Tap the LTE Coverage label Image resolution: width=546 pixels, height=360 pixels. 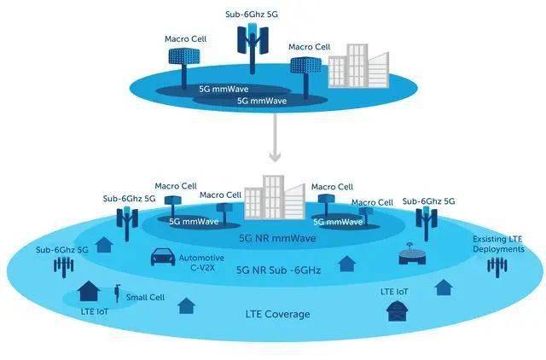[x=273, y=314]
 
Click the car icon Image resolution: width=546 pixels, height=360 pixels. [x=162, y=258]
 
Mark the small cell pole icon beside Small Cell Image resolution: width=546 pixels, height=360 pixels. [x=117, y=294]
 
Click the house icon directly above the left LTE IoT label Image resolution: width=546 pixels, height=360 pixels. [x=88, y=293]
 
